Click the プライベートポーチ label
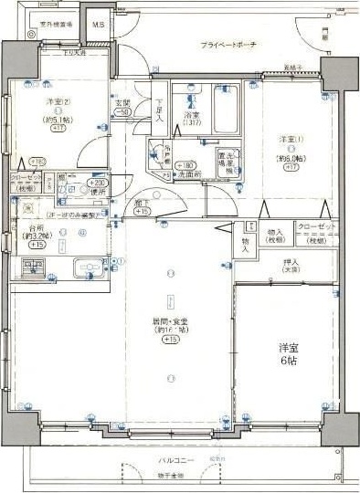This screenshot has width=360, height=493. [x=228, y=45]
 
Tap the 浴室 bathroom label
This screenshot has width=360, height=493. [x=192, y=117]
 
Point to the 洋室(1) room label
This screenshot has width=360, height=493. [x=291, y=139]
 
